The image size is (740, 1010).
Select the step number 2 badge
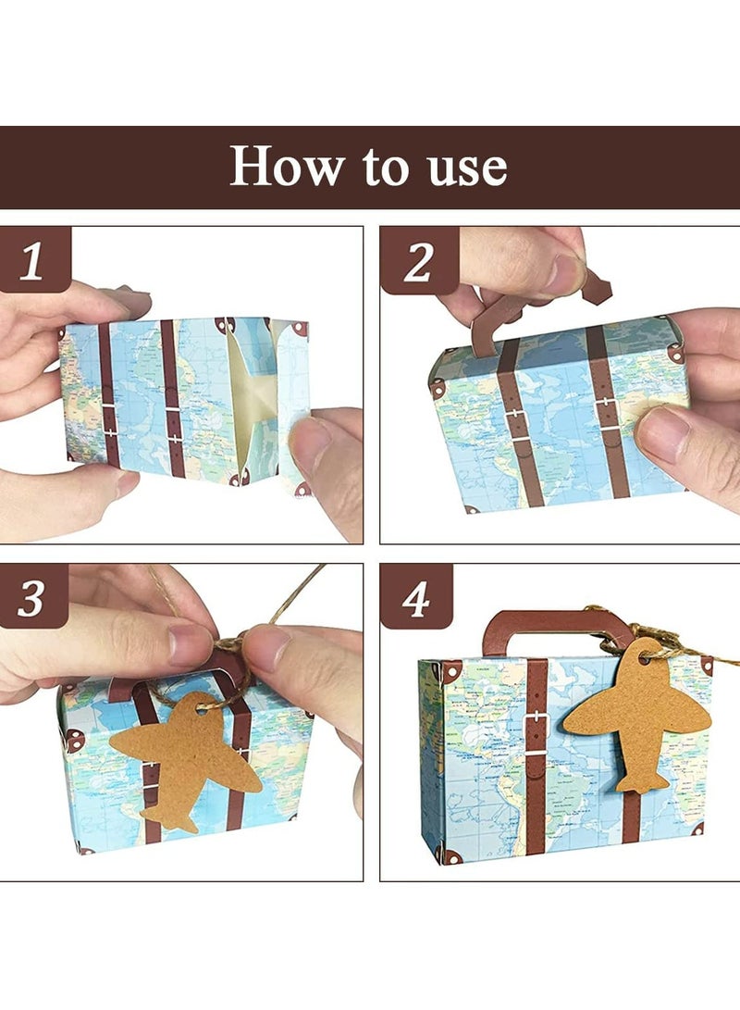point(417,263)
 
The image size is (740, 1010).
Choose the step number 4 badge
point(416,599)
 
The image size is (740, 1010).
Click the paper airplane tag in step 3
point(184,759)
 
